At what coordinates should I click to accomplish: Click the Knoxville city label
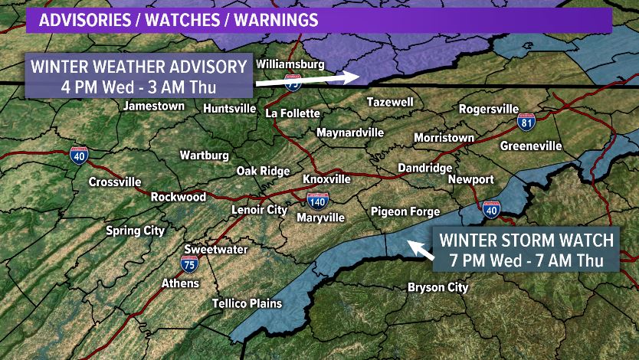pyautogui.click(x=326, y=178)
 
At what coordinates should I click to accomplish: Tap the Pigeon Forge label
pyautogui.click(x=405, y=211)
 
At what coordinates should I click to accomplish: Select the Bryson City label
pyautogui.click(x=437, y=287)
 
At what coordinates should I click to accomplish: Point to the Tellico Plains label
pyautogui.click(x=247, y=303)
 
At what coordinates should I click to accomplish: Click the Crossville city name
pyautogui.click(x=115, y=182)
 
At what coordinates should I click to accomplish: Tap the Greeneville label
pyautogui.click(x=531, y=146)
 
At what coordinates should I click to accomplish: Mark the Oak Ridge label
pyautogui.click(x=263, y=171)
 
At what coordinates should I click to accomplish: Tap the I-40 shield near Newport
pyautogui.click(x=491, y=209)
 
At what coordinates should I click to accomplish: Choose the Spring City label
pyautogui.click(x=135, y=231)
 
